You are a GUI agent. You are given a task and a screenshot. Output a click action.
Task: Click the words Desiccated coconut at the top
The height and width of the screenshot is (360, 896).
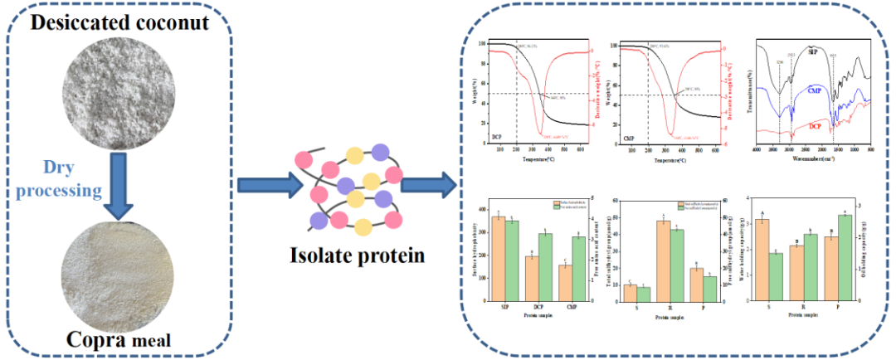(119, 23)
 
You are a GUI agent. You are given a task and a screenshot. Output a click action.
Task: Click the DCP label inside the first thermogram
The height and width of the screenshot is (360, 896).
(498, 134)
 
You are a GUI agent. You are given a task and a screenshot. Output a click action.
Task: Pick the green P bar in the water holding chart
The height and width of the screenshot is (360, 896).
(845, 258)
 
